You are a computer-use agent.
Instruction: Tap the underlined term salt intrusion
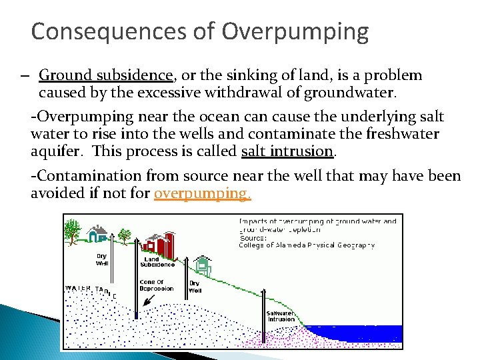click(287, 151)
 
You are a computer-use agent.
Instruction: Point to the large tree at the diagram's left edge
click(73, 231)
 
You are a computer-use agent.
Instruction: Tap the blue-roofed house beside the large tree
click(99, 233)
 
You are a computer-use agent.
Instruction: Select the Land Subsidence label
click(159, 262)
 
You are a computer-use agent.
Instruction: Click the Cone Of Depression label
click(157, 285)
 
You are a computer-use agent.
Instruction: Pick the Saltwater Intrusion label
click(281, 316)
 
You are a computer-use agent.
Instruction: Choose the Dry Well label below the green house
click(195, 287)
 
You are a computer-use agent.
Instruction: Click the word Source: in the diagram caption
click(253, 237)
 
